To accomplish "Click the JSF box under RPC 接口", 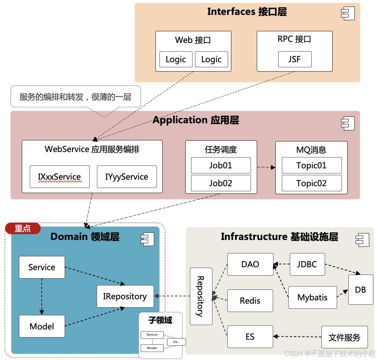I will [295, 59].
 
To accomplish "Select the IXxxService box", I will [60, 177].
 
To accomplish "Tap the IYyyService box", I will [127, 177].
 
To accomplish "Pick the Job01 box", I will [221, 165].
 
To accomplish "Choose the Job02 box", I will [221, 183].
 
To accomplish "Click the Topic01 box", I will [312, 165].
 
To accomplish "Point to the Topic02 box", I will [312, 183].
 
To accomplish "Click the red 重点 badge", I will [23, 228].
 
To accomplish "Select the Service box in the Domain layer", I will [42, 267].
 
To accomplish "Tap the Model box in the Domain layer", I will [42, 326].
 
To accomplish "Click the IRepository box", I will [125, 296].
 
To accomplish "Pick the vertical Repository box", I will [201, 296].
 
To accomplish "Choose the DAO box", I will [250, 264].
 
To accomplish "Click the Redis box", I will [250, 301].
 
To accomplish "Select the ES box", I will [250, 337].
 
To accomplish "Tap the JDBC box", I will [307, 264].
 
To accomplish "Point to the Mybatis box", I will [312, 297].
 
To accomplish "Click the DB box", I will [361, 290].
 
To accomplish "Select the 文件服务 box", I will [344, 337].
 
